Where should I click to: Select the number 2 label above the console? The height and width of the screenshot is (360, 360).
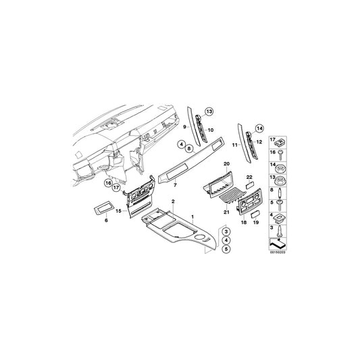173,202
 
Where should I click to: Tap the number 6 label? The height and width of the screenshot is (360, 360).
105,220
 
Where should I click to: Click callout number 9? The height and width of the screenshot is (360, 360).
186,126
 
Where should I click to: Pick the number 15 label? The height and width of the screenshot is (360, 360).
118,211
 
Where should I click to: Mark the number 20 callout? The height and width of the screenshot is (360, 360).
227,164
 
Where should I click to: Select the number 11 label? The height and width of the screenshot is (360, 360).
235,145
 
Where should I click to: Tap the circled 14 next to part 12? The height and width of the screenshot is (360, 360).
261,128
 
